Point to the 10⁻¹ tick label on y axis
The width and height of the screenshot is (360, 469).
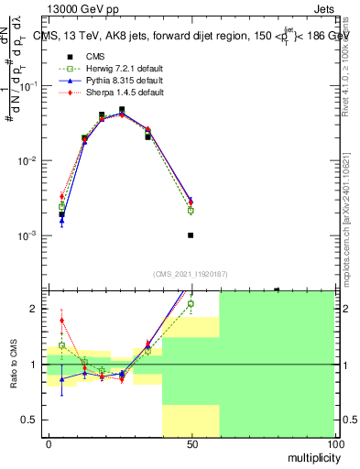click(x=30, y=85)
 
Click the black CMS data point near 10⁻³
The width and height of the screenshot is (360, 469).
click(x=191, y=235)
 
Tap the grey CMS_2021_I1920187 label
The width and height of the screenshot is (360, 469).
click(x=191, y=274)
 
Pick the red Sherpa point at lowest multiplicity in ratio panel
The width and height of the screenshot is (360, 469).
click(x=61, y=321)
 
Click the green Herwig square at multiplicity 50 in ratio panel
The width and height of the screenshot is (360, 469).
click(x=191, y=303)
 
